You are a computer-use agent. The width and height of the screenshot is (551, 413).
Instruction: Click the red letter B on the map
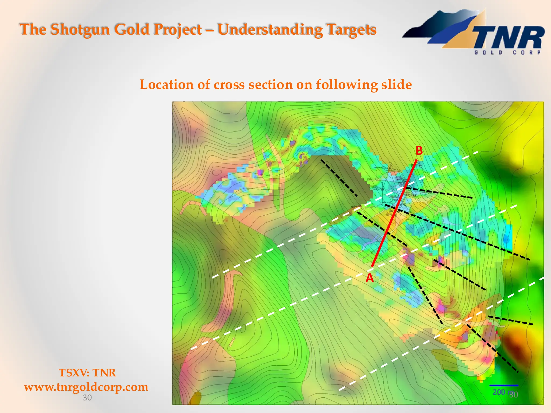pyautogui.click(x=419, y=151)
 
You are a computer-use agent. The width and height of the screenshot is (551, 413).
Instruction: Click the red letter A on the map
pyautogui.click(x=370, y=278)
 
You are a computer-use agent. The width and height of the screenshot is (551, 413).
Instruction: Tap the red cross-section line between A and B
pyautogui.click(x=394, y=214)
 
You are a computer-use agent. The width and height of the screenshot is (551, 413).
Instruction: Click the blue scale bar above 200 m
pyautogui.click(x=504, y=386)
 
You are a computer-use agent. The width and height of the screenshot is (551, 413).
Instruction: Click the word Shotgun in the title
pyautogui.click(x=80, y=29)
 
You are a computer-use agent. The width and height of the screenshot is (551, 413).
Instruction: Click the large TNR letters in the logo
pyautogui.click(x=508, y=38)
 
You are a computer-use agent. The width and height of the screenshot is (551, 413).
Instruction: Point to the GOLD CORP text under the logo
pyautogui.click(x=507, y=52)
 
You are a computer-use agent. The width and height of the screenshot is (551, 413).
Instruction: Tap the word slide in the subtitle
pyautogui.click(x=396, y=85)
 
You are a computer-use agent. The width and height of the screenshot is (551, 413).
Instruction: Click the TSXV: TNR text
pyautogui.click(x=87, y=373)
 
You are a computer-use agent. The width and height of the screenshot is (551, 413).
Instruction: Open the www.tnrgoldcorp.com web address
pyautogui.click(x=86, y=387)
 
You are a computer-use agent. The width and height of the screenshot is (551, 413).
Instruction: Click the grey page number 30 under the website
pyautogui.click(x=87, y=398)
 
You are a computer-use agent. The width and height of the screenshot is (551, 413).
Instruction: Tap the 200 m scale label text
pyautogui.click(x=499, y=392)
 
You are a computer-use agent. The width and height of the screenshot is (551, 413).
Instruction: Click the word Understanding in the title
pyautogui.click(x=270, y=29)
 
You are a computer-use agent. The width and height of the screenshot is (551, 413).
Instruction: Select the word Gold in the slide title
pyautogui.click(x=132, y=29)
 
